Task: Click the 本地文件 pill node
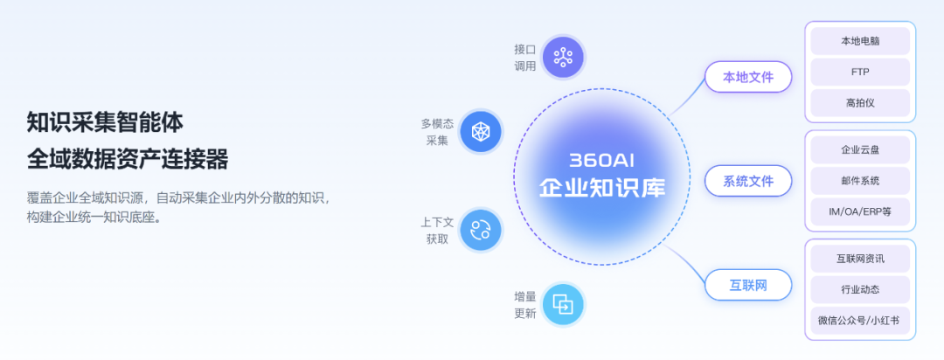pos(748,77)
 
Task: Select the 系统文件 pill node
pos(748,181)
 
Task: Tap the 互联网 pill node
pos(748,285)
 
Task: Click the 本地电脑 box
pos(860,41)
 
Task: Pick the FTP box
pos(860,73)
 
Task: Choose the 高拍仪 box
pos(860,103)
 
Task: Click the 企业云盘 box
pos(860,150)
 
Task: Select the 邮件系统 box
pos(860,181)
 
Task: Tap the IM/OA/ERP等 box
pos(860,212)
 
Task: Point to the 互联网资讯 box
pos(860,259)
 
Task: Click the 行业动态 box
pos(860,289)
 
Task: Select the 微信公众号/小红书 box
pos(860,321)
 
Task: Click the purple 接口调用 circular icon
pos(564,57)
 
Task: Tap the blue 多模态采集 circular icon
pos(481,131)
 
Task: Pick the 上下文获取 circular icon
pos(481,230)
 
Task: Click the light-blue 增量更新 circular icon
pos(564,304)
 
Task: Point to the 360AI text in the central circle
pos(602,161)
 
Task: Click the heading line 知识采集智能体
pos(105,123)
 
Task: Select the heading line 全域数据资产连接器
pos(128,160)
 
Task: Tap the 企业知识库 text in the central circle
pos(602,187)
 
